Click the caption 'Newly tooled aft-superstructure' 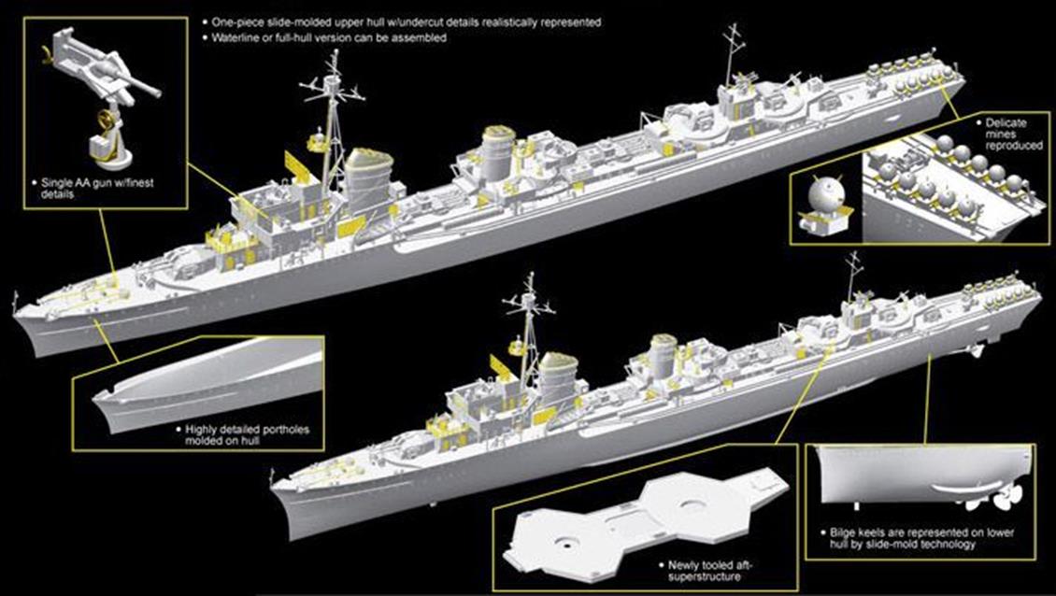tap(706, 571)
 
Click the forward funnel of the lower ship tap(560, 377)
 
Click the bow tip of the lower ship tap(273, 488)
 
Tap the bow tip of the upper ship tap(16, 309)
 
